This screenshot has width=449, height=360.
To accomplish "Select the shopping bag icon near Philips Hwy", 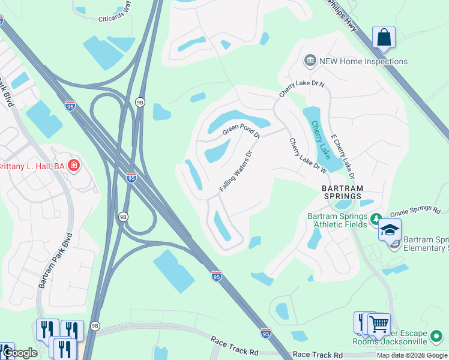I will click(384, 38).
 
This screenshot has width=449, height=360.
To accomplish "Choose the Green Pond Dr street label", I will click(241, 131).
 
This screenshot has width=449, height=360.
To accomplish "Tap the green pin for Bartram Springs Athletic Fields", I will click(376, 218).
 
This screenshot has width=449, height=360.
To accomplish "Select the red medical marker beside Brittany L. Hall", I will click(74, 165).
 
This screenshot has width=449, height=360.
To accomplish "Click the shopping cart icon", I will click(379, 325).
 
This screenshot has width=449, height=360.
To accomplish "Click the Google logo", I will click(19, 353).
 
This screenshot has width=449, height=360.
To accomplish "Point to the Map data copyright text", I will click(412, 355).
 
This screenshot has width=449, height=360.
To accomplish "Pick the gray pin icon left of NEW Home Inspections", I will click(310, 61).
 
